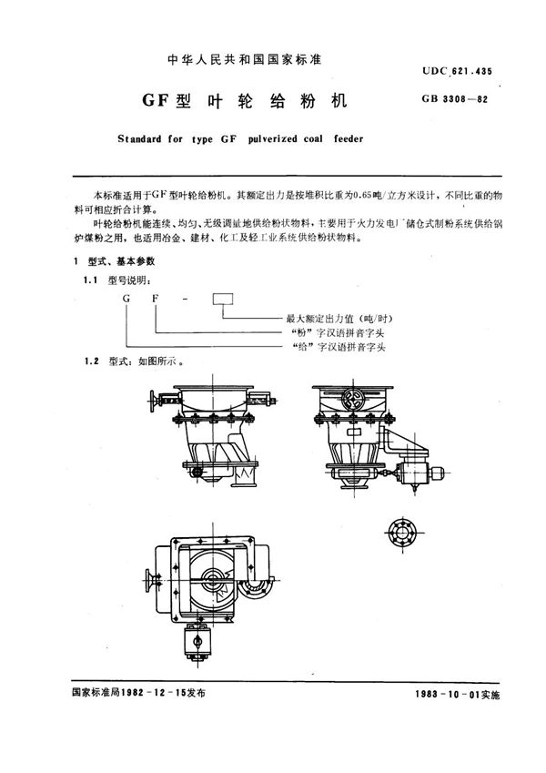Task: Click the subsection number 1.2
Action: pyautogui.click(x=91, y=361)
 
